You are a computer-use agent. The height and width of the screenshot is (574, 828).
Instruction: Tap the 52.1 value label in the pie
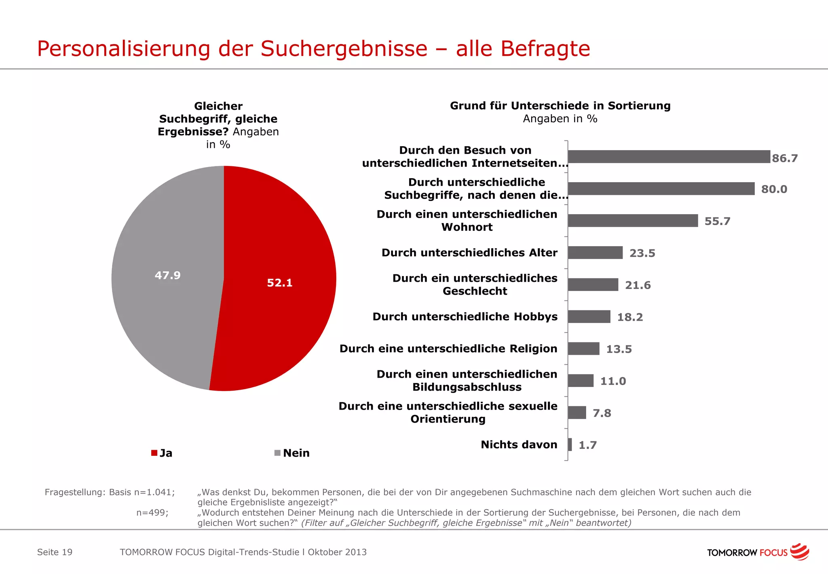click(x=279, y=283)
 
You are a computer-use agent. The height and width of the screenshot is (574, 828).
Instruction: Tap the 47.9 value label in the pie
click(x=167, y=275)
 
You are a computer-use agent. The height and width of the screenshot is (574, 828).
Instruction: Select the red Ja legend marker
click(x=154, y=453)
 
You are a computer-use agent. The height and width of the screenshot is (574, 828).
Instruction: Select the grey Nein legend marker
click(x=277, y=453)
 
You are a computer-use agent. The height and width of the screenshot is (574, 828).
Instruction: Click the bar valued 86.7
click(x=669, y=157)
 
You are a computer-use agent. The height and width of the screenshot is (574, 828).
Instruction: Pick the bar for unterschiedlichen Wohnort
click(x=633, y=221)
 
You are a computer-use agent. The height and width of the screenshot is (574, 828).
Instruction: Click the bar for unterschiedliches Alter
click(x=595, y=253)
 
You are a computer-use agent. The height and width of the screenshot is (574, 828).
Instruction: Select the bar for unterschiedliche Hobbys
click(x=589, y=317)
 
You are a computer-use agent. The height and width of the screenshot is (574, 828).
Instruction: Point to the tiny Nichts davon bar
click(x=570, y=444)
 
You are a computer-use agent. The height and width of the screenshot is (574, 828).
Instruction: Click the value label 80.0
click(x=774, y=189)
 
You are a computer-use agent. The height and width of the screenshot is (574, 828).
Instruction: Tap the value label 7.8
click(x=602, y=413)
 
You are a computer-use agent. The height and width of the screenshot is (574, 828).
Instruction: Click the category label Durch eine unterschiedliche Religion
click(x=448, y=349)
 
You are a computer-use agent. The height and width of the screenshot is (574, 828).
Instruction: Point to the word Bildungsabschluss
click(x=467, y=387)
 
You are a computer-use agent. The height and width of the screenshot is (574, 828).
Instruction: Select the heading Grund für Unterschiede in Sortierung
click(x=560, y=106)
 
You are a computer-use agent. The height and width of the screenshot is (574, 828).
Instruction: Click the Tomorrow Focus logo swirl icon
click(x=799, y=551)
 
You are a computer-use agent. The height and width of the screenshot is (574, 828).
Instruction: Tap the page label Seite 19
click(x=55, y=552)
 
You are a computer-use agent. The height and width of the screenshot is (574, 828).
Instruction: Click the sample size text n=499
click(x=152, y=512)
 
